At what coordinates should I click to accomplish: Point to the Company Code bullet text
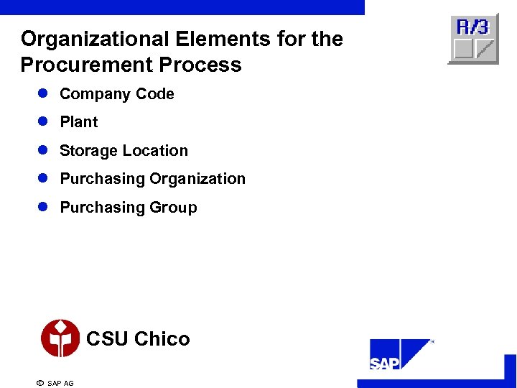(116, 94)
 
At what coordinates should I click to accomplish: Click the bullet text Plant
(78, 122)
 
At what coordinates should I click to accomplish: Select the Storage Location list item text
(124, 151)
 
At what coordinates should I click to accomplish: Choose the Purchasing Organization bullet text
(152, 179)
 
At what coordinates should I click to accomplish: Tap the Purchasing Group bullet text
(128, 208)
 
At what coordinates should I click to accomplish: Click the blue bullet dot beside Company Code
(43, 94)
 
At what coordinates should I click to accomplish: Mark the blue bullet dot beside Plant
(43, 122)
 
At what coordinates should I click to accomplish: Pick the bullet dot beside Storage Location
(43, 151)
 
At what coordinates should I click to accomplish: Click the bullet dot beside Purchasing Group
(43, 208)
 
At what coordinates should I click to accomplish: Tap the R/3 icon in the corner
(473, 39)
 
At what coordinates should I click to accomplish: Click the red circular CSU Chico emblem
(60, 338)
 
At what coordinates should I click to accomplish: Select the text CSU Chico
(138, 339)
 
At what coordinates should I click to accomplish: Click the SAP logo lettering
(385, 364)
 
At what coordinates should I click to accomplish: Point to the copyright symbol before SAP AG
(39, 383)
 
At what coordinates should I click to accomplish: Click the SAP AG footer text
(60, 384)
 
